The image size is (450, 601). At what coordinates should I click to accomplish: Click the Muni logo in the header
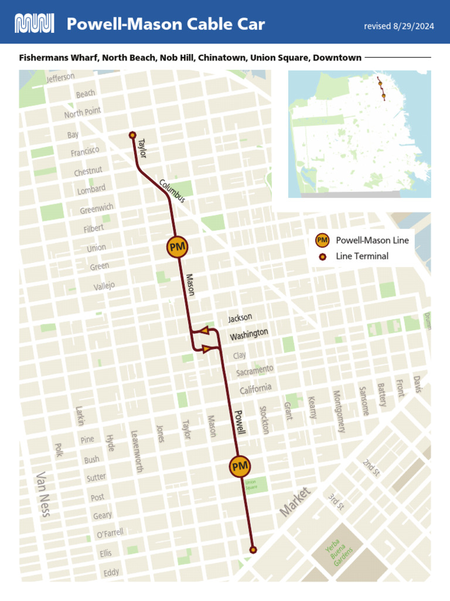pos(34,24)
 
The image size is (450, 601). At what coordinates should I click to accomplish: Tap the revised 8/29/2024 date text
pos(399,26)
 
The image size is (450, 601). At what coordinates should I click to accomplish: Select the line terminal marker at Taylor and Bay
pos(132,135)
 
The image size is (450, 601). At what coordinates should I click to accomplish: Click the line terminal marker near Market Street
pos(253,550)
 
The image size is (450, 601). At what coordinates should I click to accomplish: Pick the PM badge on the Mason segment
pos(177,247)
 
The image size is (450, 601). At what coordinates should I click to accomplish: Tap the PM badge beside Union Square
pos(240,467)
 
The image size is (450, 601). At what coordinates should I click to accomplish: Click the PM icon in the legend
pos(322,240)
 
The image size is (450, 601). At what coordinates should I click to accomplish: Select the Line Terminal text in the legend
pos(362,256)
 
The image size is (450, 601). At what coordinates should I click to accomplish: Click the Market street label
pos(294,502)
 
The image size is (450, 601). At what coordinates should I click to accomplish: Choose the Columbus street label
pos(172,191)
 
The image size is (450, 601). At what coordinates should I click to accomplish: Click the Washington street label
pos(248,335)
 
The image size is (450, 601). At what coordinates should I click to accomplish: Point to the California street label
pos(255,389)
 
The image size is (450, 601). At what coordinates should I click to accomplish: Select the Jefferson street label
pos(60,78)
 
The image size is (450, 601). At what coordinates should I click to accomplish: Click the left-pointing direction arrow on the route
pos(203,331)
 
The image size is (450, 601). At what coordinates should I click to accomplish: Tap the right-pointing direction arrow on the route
pos(206,350)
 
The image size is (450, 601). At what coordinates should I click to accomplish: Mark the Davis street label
pos(417,384)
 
